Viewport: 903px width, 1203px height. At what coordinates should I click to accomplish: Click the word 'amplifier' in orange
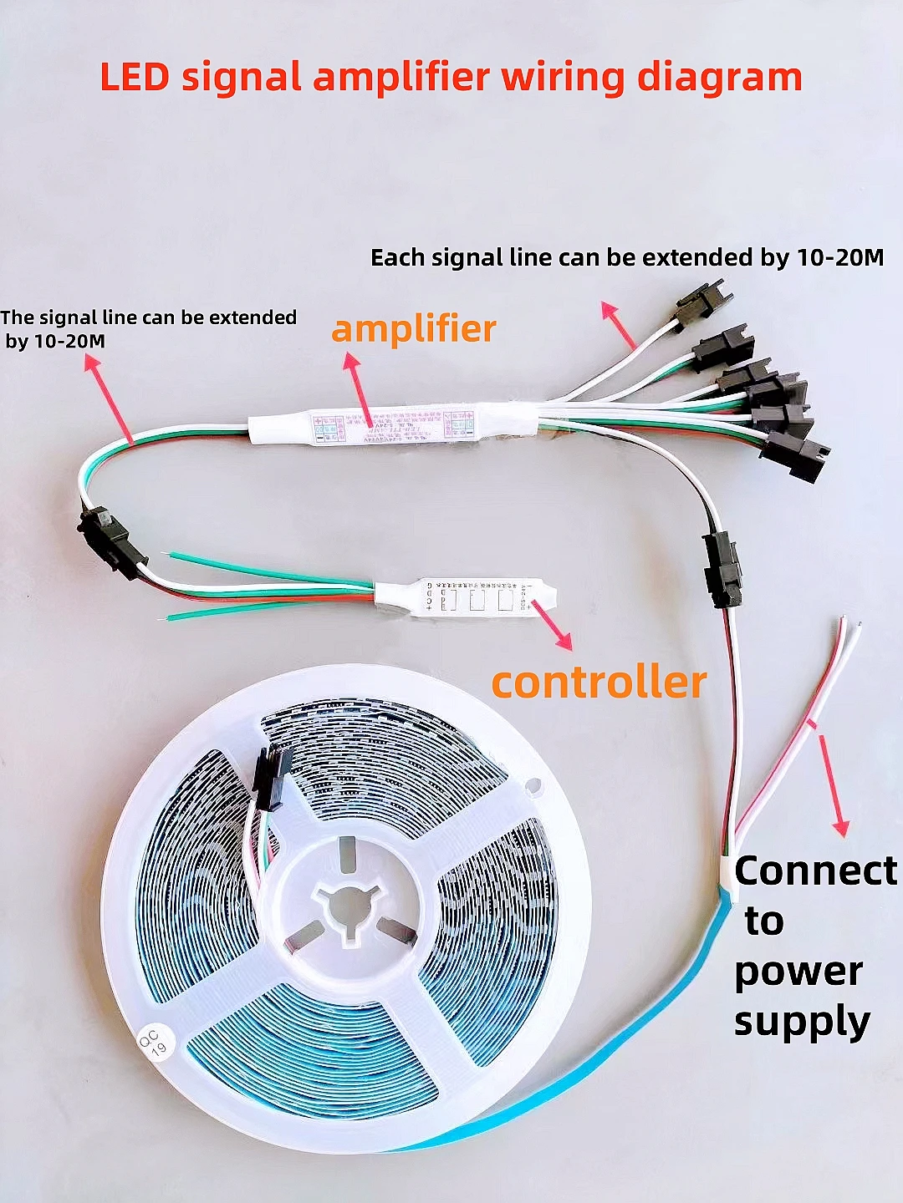click(x=414, y=328)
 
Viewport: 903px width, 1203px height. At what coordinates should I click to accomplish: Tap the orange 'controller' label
click(x=599, y=682)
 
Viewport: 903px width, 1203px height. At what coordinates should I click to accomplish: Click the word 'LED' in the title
click(x=135, y=77)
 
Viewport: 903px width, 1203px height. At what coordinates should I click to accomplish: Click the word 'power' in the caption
click(x=798, y=971)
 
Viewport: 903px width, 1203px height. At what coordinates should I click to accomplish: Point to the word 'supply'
click(x=802, y=1021)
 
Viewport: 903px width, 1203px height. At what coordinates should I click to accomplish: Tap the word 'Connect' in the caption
click(x=815, y=871)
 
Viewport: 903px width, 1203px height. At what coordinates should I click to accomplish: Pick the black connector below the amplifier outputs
click(x=722, y=569)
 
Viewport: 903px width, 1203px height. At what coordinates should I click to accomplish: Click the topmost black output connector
click(x=705, y=300)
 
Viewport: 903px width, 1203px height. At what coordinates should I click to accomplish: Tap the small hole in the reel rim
click(x=533, y=785)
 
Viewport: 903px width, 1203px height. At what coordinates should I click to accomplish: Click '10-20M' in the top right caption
click(x=839, y=257)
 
